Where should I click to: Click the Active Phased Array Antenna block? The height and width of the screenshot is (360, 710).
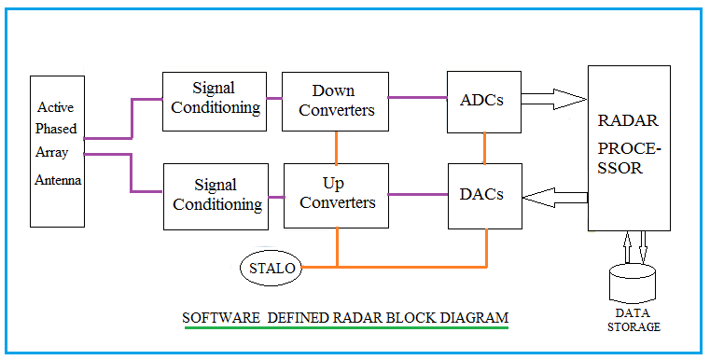pos(58,151)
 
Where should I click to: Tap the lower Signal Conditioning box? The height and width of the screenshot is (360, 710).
pos(214,195)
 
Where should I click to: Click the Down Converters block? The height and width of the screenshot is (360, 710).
pos(335,101)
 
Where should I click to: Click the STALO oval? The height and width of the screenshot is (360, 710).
pos(272,268)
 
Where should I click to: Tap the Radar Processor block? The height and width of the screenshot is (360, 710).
pos(628,147)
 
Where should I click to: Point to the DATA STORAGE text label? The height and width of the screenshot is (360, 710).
pos(631,321)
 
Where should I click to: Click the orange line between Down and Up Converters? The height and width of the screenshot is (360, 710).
pos(336,147)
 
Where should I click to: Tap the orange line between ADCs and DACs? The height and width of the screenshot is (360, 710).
pos(485,147)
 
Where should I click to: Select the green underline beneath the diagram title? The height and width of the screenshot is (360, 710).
pos(345,327)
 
